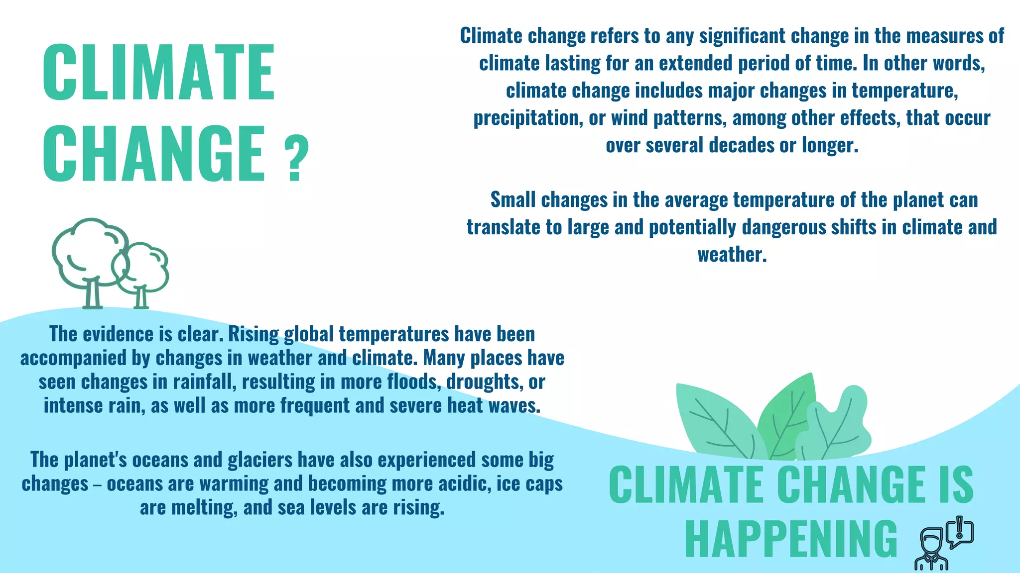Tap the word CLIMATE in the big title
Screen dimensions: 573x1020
159,73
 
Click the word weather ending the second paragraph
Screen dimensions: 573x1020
731,255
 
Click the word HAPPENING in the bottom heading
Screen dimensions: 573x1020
791,540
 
